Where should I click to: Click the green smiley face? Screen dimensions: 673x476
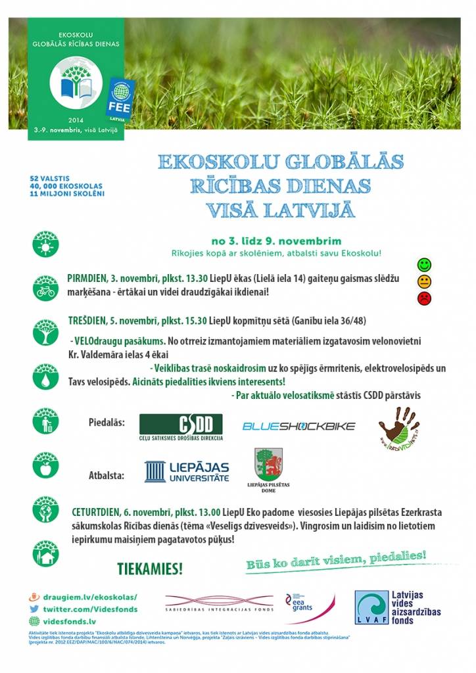[425, 266]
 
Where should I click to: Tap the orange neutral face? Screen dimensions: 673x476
[425, 282]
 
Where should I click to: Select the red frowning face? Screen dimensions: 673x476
[425, 299]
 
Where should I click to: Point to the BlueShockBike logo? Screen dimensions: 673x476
[299, 426]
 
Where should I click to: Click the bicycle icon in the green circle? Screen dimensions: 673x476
[45, 289]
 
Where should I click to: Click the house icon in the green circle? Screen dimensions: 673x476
[45, 555]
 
